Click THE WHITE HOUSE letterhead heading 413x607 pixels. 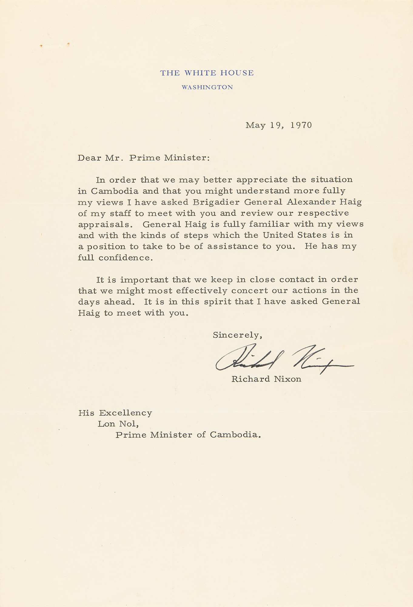click(x=207, y=73)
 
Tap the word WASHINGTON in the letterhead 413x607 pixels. click(x=207, y=87)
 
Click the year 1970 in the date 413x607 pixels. click(x=301, y=125)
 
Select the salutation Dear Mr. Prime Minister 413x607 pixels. click(x=143, y=158)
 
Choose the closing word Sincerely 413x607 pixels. click(x=237, y=335)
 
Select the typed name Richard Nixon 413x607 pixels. click(x=266, y=379)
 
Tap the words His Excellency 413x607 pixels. click(x=115, y=413)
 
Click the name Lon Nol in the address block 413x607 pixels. click(x=118, y=424)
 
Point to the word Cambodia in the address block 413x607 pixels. click(x=235, y=435)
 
